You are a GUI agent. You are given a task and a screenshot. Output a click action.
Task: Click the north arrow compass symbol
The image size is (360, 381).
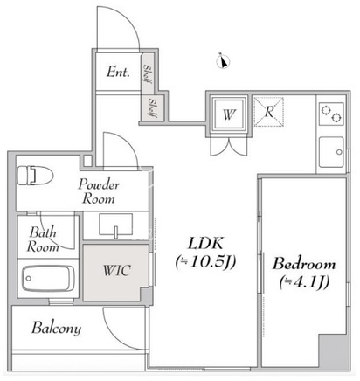[x=224, y=61]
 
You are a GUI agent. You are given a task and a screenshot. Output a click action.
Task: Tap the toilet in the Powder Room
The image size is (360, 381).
[x=35, y=175]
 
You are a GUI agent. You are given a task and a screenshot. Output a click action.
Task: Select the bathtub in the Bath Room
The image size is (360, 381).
[x=48, y=278]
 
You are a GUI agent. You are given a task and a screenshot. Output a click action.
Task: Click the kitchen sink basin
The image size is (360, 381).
[x=331, y=152]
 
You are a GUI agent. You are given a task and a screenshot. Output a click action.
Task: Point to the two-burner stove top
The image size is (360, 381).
[x=331, y=114]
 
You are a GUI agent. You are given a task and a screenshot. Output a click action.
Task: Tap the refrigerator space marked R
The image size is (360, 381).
[x=269, y=112]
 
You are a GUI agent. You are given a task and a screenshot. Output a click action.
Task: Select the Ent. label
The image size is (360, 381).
[x=118, y=72]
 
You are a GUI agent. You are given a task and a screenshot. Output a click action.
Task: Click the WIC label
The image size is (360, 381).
[x=116, y=271]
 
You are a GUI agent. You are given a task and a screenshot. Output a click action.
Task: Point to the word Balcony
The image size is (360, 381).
[x=56, y=329]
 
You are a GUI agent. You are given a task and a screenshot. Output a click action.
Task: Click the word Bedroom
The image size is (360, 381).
[x=304, y=264]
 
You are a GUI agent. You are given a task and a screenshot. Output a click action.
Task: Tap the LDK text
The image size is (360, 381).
[x=205, y=243]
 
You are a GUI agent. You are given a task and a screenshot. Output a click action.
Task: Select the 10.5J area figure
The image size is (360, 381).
[x=205, y=262]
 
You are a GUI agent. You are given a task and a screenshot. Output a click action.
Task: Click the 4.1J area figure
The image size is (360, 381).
[x=304, y=282]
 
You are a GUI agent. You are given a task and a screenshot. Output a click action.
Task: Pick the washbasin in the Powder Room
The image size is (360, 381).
[x=116, y=225]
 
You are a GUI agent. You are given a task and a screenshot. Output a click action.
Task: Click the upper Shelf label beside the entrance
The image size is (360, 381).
[x=148, y=73]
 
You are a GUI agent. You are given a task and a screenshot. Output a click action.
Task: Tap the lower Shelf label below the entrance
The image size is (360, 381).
[x=153, y=108]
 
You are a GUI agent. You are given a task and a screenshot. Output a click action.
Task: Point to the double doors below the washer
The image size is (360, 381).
[x=229, y=146]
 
